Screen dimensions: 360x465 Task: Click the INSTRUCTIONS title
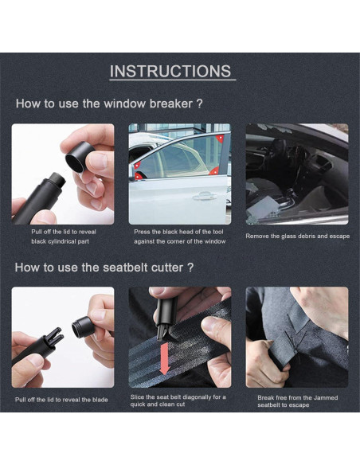click(x=170, y=71)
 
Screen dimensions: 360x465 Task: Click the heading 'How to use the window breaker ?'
click(x=109, y=104)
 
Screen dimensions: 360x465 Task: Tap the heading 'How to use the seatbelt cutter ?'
click(x=104, y=268)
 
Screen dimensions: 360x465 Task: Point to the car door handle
click(x=205, y=196)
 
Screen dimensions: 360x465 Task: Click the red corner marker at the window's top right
click(x=220, y=139)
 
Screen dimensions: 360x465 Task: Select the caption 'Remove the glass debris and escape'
click(x=297, y=236)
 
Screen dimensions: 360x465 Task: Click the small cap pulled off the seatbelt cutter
click(x=82, y=327)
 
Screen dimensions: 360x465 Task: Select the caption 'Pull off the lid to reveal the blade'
click(x=61, y=400)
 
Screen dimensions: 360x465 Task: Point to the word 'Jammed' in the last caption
click(x=326, y=397)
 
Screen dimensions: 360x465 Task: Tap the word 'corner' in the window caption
click(x=177, y=241)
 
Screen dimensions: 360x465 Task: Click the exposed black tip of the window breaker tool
click(x=57, y=179)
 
